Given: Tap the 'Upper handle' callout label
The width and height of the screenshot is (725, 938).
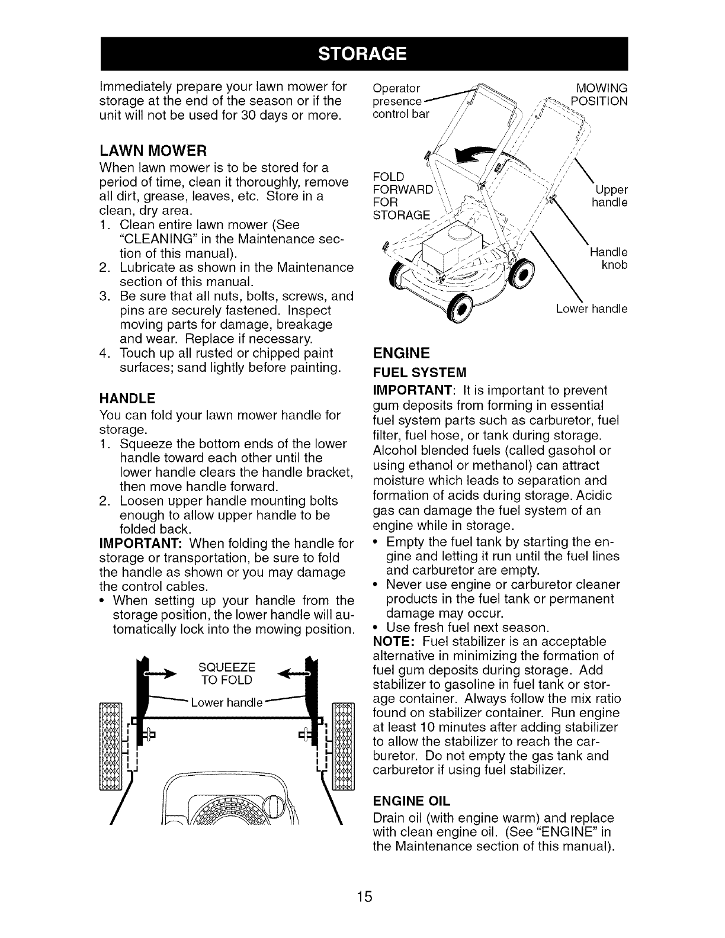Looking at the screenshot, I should pyautogui.click(x=609, y=196).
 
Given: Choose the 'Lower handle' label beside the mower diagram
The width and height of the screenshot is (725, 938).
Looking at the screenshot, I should pyautogui.click(x=591, y=309).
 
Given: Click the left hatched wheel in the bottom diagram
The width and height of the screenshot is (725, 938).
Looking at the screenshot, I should pyautogui.click(x=111, y=746).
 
